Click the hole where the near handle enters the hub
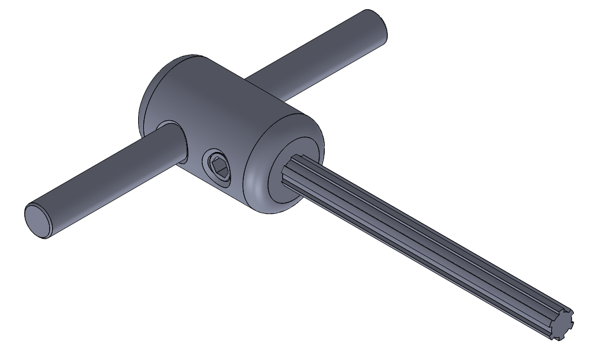click(173, 142)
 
